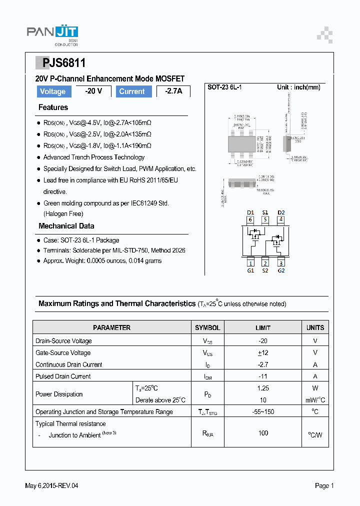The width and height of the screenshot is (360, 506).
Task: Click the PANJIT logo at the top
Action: [x=52, y=33]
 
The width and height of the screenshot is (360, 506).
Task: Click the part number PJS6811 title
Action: [x=60, y=63]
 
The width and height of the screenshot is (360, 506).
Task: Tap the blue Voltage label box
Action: [x=53, y=91]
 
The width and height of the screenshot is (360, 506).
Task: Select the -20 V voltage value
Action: [x=93, y=91]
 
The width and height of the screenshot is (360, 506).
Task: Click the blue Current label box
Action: [x=132, y=91]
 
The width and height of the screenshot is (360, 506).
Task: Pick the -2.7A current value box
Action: [x=173, y=91]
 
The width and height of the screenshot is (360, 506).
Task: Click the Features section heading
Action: [x=53, y=107]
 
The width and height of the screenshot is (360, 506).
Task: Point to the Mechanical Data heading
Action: [x=66, y=226]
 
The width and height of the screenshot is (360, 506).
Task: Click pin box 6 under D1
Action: [x=250, y=219]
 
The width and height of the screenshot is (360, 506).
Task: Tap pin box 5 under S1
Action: [x=265, y=219]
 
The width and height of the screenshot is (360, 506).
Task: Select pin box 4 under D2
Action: [x=281, y=219]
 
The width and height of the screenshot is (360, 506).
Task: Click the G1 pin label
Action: [x=250, y=270]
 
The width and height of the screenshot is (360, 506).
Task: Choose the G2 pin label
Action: [x=281, y=270]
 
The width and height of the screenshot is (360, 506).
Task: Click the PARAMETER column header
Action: [x=111, y=328]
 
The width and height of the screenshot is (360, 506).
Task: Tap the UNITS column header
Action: [x=315, y=328]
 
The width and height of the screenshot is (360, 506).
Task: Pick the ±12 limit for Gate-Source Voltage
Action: [x=263, y=352]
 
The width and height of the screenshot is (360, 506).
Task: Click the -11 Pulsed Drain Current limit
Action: [x=263, y=376]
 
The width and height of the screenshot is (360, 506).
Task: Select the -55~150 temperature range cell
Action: [x=263, y=412]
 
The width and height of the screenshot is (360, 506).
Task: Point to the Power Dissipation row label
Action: [x=59, y=394]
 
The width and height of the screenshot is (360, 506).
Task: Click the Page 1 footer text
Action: [x=324, y=485]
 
